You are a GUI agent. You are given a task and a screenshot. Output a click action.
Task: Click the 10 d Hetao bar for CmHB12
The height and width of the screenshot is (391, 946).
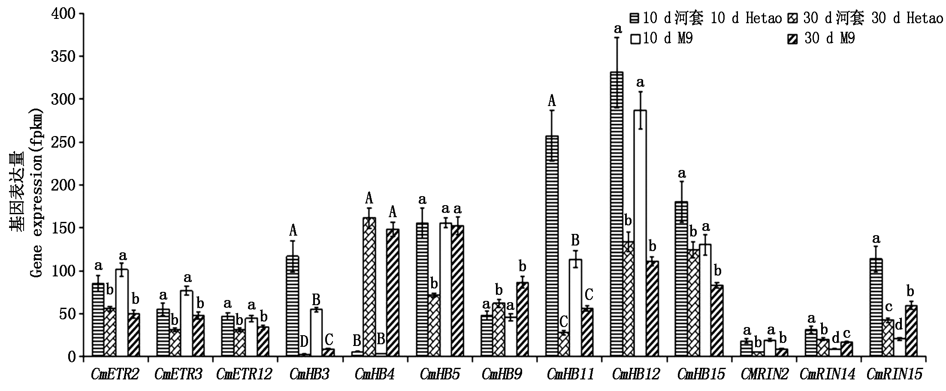617,214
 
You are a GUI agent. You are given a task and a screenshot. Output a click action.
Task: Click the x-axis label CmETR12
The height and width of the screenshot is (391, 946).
244,374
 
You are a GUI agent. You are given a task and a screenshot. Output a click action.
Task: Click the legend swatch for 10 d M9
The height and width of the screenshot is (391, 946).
635,39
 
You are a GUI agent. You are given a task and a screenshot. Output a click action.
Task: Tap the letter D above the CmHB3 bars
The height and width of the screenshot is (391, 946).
304,342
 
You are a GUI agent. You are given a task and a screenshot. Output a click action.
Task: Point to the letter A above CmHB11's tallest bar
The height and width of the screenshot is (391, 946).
552,101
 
